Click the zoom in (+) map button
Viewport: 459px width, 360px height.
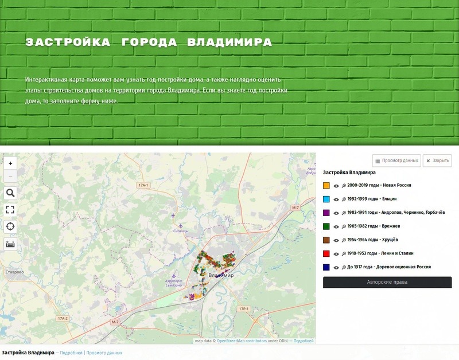(x=10, y=163)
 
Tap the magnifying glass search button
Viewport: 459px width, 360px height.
(x=10, y=193)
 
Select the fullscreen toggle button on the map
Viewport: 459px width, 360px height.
(x=10, y=210)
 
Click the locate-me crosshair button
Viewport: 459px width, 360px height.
(x=10, y=226)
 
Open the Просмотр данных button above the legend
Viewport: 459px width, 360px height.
(x=396, y=161)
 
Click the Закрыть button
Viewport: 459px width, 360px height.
(x=437, y=161)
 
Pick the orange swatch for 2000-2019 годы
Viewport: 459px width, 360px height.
(x=326, y=186)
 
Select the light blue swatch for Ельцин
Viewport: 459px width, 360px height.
(x=326, y=199)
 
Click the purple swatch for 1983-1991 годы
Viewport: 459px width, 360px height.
(x=326, y=213)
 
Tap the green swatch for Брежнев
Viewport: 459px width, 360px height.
(x=326, y=226)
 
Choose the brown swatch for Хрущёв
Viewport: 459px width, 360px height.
(x=326, y=240)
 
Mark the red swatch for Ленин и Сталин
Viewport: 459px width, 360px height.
(x=326, y=253)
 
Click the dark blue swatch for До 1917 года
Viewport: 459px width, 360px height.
(x=326, y=267)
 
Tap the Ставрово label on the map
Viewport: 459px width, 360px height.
(x=14, y=272)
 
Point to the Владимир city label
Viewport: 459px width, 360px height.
(x=221, y=276)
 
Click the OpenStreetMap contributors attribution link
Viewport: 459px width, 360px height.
(x=242, y=341)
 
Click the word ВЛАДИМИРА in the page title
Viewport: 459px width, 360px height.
(x=230, y=42)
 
